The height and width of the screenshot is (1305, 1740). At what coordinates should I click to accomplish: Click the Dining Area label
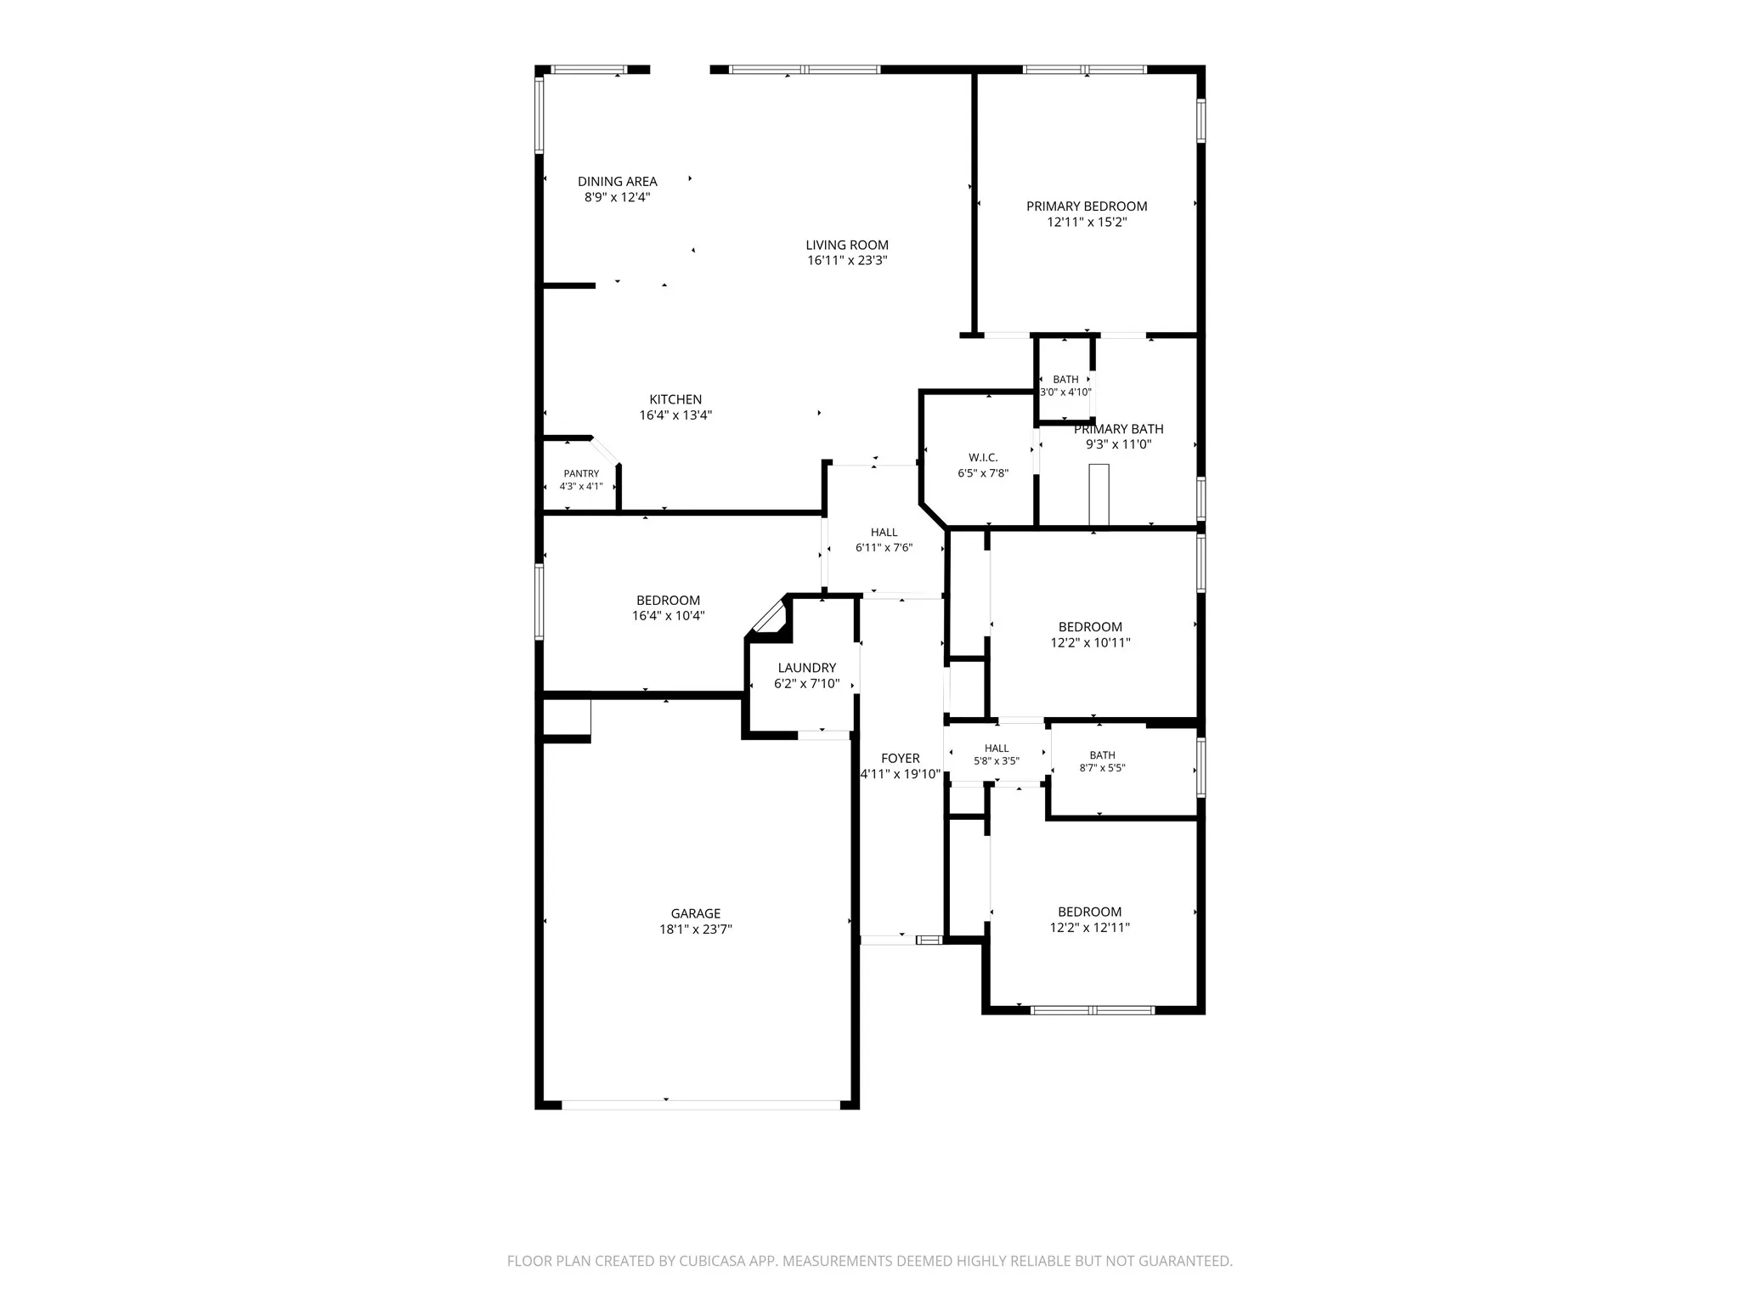pyautogui.click(x=618, y=181)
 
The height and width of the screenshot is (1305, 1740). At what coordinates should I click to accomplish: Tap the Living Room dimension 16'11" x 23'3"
pyautogui.click(x=847, y=261)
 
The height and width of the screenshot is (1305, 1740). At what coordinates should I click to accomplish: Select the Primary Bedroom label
pyautogui.click(x=1087, y=206)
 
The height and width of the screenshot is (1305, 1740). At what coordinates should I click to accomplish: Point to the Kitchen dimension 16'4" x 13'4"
pyautogui.click(x=675, y=415)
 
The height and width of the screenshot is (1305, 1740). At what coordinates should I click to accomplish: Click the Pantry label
pyautogui.click(x=581, y=473)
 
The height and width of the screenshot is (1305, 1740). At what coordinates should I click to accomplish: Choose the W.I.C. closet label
pyautogui.click(x=983, y=457)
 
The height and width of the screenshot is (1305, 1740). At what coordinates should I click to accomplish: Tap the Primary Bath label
pyautogui.click(x=1119, y=429)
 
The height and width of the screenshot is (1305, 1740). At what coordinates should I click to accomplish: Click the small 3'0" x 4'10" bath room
pyautogui.click(x=1065, y=380)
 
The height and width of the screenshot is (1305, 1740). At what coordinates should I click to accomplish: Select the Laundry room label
pyautogui.click(x=806, y=668)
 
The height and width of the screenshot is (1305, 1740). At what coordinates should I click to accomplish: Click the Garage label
pyautogui.click(x=696, y=914)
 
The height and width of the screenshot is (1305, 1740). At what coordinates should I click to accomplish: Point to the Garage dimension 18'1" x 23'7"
pyautogui.click(x=696, y=929)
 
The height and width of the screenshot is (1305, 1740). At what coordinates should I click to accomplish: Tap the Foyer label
pyautogui.click(x=901, y=759)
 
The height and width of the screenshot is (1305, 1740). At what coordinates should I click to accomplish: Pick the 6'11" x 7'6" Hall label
pyautogui.click(x=884, y=533)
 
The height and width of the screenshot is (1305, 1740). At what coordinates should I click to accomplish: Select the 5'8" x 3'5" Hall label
pyautogui.click(x=997, y=749)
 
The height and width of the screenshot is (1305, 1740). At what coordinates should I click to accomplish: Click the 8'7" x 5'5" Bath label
pyautogui.click(x=1102, y=755)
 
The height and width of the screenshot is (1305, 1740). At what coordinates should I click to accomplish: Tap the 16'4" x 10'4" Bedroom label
pyautogui.click(x=669, y=601)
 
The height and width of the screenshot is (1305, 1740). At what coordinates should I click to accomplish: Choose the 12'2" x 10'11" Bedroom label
pyautogui.click(x=1090, y=627)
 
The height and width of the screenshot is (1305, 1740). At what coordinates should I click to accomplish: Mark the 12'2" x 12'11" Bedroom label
pyautogui.click(x=1090, y=912)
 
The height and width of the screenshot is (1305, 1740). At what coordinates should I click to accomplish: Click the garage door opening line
pyautogui.click(x=701, y=1105)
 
